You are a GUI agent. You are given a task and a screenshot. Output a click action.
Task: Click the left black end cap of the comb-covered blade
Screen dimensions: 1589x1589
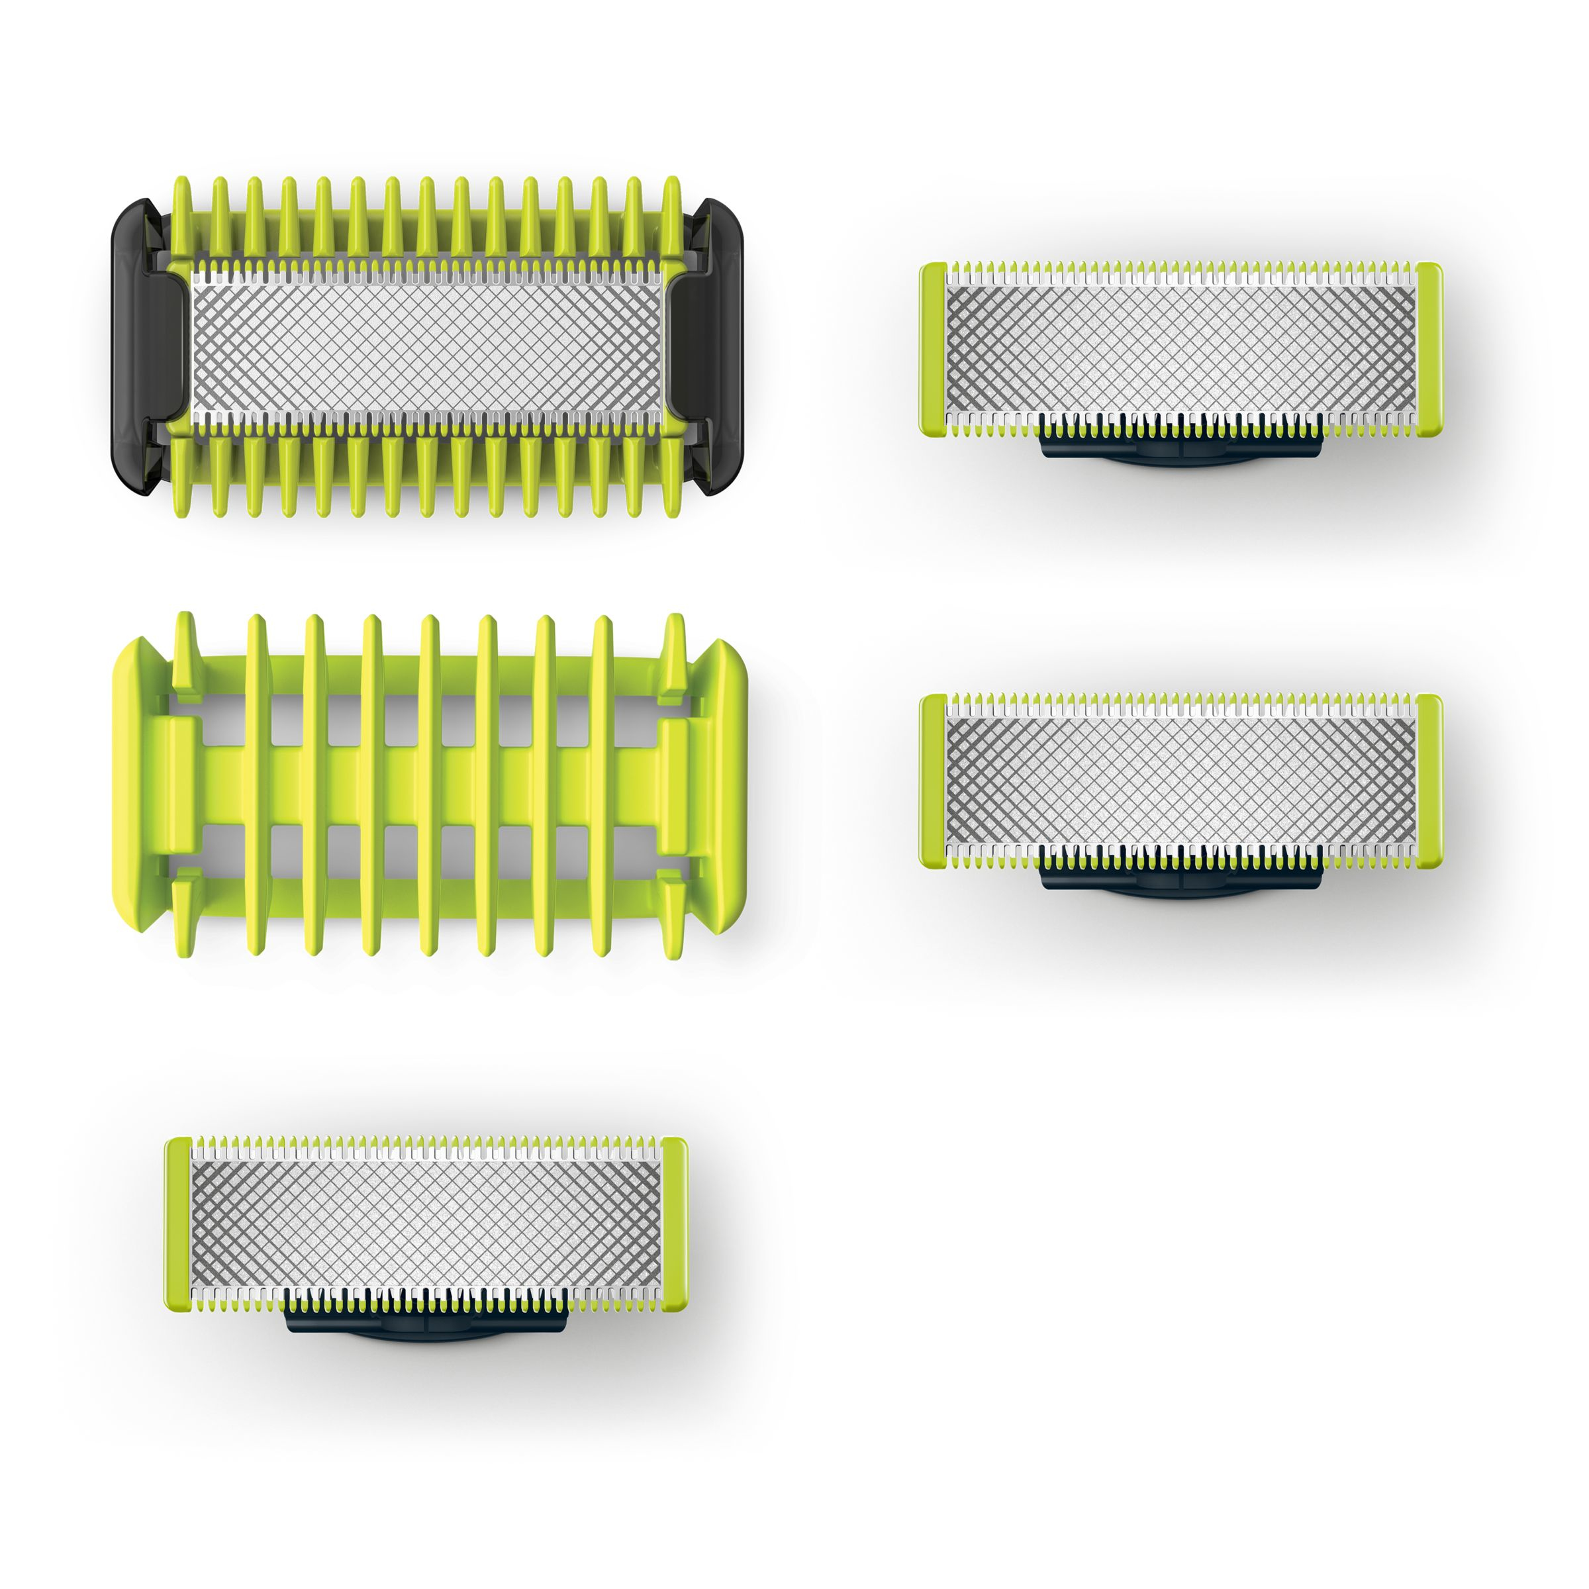[x=136, y=346]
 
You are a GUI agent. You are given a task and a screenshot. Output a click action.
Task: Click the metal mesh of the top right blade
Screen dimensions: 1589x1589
[x=1180, y=350]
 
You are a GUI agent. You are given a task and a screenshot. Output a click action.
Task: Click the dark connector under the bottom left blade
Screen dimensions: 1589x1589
[x=426, y=1325]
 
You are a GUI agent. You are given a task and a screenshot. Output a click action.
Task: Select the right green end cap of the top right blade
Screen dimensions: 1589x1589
[x=1429, y=350]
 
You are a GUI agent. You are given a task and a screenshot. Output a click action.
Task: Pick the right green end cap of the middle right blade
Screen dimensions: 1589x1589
[x=1429, y=781]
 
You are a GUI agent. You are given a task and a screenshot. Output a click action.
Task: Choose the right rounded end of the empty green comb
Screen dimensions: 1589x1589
[x=724, y=785]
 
